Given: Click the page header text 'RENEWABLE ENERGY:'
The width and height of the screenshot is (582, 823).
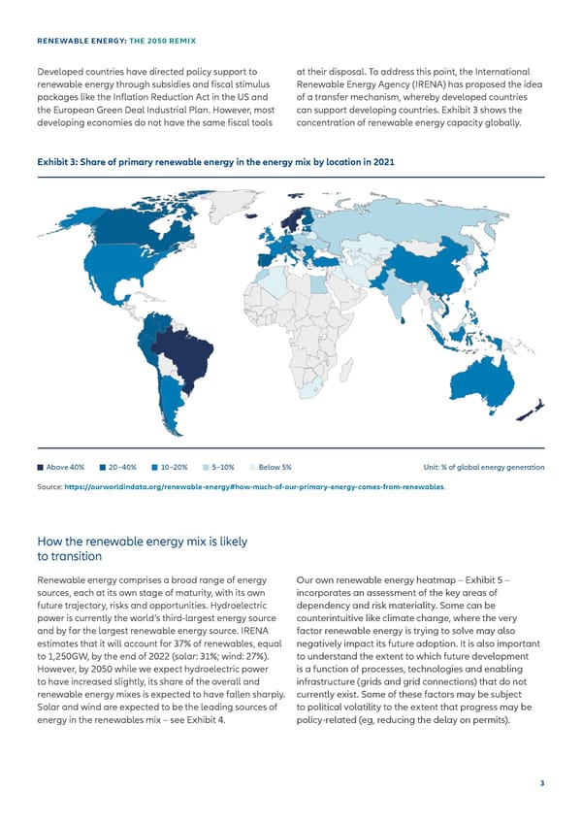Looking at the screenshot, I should [77, 42].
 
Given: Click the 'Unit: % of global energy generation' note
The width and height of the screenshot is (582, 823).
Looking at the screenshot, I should [477, 467].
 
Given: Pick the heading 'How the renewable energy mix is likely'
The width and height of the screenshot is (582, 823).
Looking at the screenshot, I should [142, 541].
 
